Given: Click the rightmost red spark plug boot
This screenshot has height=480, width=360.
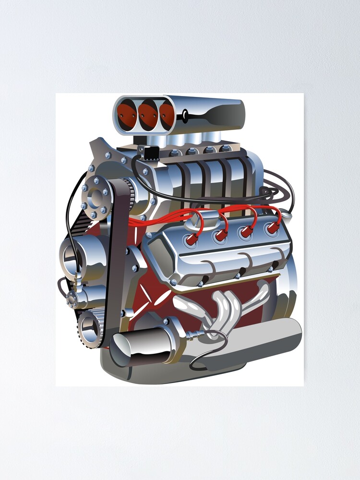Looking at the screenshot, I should coord(273,228).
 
